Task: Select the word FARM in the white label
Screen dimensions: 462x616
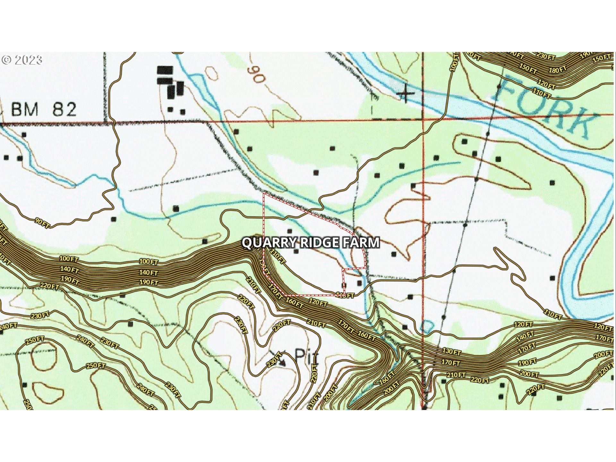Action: pyautogui.click(x=361, y=243)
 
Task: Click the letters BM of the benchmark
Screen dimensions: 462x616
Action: pyautogui.click(x=25, y=109)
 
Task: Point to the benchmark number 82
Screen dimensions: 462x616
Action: pyautogui.click(x=64, y=109)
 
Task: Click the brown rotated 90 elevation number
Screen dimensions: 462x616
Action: pyautogui.click(x=256, y=74)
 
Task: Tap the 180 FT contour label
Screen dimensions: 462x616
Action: pyautogui.click(x=558, y=70)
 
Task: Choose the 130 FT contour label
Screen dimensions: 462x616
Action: pyautogui.click(x=451, y=352)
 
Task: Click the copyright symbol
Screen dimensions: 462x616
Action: pyautogui.click(x=6, y=60)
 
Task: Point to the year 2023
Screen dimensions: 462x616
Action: pyautogui.click(x=28, y=60)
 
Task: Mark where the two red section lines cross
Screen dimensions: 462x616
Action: pyautogui.click(x=423, y=120)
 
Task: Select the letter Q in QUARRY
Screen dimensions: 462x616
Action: pyautogui.click(x=247, y=243)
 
